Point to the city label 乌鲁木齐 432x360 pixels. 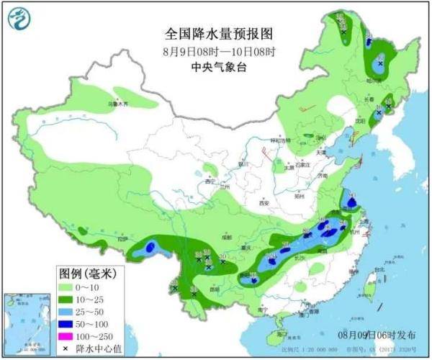point(118,105)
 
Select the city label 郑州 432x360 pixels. point(301,195)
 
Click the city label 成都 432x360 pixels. point(227,235)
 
